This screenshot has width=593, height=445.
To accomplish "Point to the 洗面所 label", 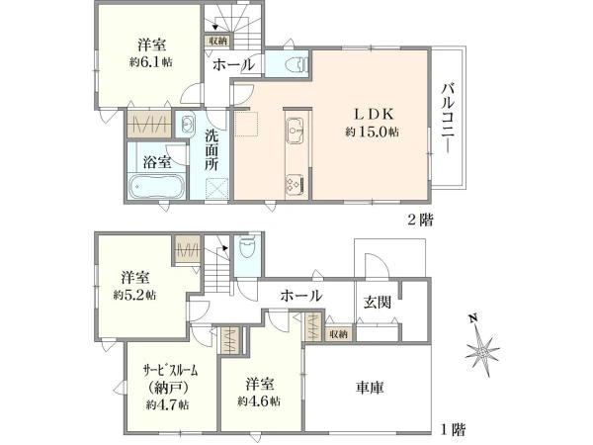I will [x=212, y=156].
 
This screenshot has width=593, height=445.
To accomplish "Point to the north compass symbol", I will [x=483, y=347].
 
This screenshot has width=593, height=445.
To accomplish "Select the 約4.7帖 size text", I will [x=166, y=404].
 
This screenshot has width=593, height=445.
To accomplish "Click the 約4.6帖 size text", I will [x=259, y=401].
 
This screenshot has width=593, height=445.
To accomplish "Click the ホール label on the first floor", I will [x=300, y=296].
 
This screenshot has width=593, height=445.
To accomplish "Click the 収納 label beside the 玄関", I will [x=338, y=334].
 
